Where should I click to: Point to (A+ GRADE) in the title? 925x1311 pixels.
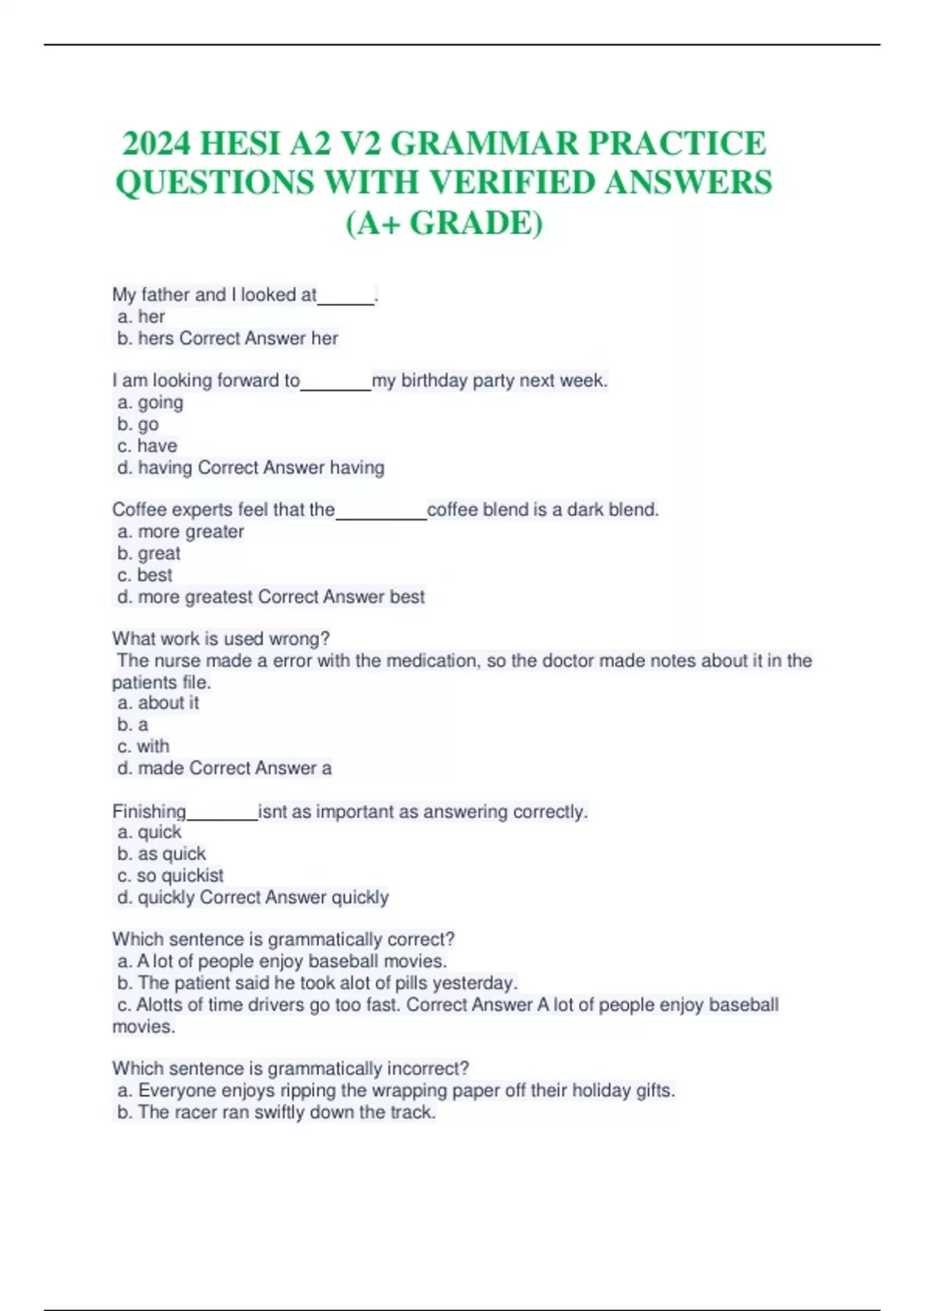point(444,223)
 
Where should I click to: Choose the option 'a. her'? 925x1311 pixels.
point(141,317)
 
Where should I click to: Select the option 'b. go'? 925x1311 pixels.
point(138,424)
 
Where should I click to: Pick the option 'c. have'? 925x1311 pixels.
point(147,446)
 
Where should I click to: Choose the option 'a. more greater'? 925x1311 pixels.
point(180,531)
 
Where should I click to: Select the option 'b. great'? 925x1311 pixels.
point(149,553)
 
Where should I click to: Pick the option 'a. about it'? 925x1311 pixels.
point(158,703)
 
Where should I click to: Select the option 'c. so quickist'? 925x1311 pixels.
point(170,875)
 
